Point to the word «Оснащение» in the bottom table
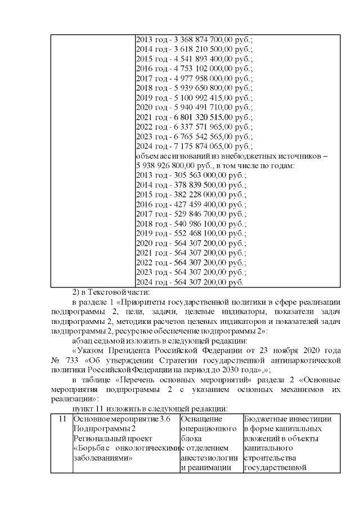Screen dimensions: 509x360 (201, 418)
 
